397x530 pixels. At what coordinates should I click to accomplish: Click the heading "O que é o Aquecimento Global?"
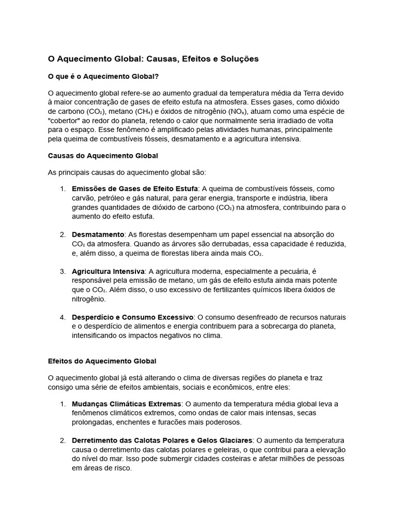coord(103,76)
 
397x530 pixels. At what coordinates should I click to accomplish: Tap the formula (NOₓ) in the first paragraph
coord(237,111)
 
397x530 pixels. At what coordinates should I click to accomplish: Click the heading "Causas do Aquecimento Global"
coord(103,155)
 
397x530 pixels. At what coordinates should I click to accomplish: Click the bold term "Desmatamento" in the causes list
coord(98,234)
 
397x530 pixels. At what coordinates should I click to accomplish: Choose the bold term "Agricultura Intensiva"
coord(109,271)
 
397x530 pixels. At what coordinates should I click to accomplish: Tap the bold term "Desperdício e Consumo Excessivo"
coord(133,317)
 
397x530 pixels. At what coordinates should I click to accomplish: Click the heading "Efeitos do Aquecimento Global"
coord(102,361)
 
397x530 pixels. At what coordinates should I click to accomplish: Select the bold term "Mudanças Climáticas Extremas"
coord(127,404)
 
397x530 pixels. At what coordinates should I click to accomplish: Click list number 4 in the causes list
coord(63,317)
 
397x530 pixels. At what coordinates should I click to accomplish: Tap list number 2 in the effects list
coord(63,440)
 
